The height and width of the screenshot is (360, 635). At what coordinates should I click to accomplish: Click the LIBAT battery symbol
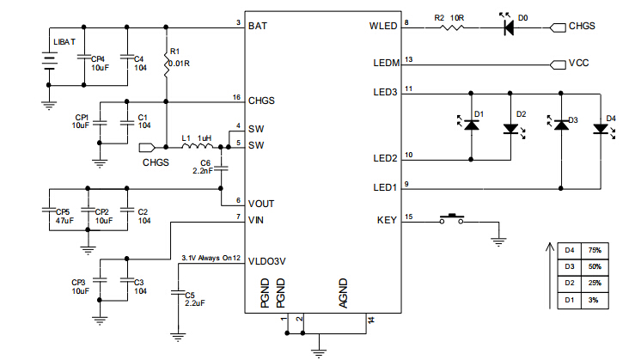[x=49, y=60]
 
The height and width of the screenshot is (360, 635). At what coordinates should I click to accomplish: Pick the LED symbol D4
[x=601, y=130]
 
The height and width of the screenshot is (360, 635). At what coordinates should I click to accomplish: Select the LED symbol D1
[x=471, y=125]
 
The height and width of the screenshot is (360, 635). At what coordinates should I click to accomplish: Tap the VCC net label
[x=578, y=64]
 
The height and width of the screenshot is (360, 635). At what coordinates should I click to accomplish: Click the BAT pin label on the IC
[x=258, y=27]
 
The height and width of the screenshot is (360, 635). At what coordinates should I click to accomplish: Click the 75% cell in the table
[x=594, y=250]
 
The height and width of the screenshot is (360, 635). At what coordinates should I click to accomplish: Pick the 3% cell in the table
[x=594, y=299]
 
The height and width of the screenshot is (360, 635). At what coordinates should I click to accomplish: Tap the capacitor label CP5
[x=63, y=211]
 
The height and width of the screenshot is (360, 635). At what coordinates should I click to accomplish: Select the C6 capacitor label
[x=205, y=162]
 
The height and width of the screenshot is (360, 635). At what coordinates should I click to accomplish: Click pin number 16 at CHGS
[x=237, y=96]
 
